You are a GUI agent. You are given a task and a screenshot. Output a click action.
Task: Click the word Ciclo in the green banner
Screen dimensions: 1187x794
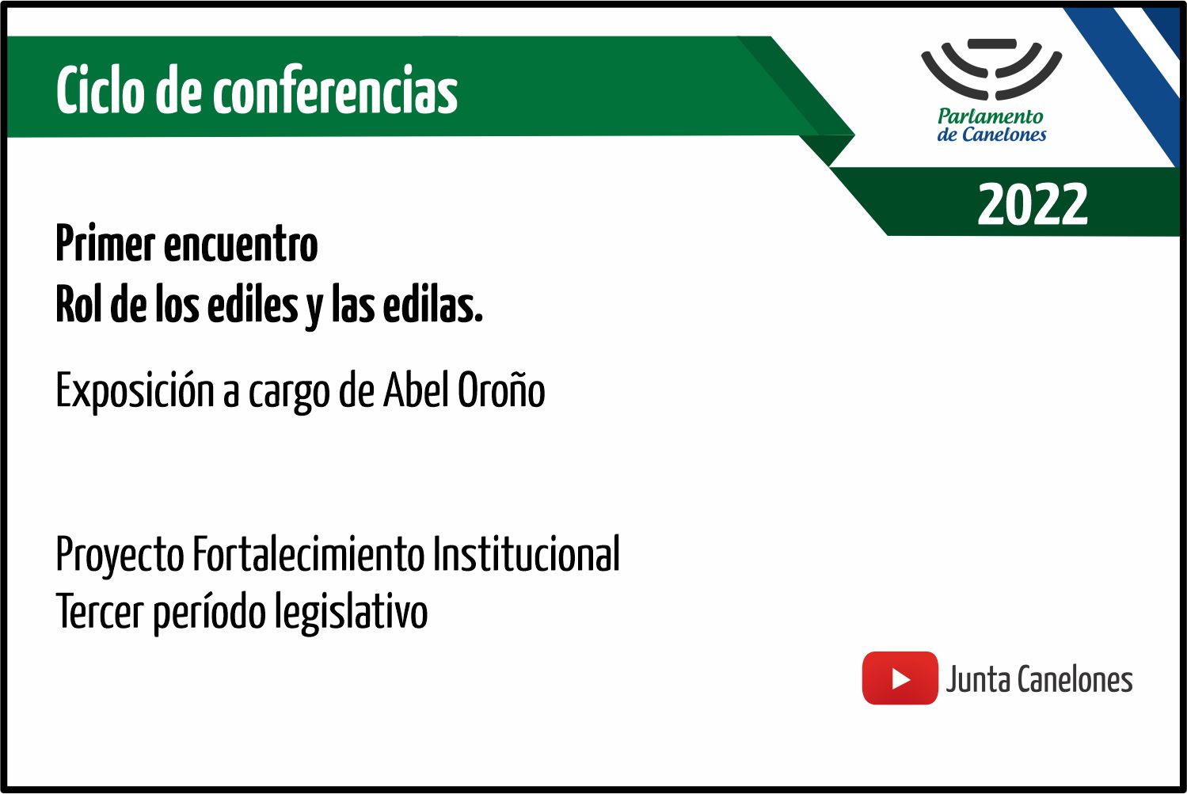point(100,89)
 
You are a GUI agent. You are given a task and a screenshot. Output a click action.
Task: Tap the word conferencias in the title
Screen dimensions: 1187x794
point(336,89)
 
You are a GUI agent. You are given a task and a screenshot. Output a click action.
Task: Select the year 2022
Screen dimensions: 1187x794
point(1033,203)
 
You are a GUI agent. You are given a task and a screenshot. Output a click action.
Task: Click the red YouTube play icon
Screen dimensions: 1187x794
point(900,678)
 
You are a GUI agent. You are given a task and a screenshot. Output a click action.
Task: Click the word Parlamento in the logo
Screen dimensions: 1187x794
point(991,116)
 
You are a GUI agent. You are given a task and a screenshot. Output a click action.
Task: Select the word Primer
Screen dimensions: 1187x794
point(105,243)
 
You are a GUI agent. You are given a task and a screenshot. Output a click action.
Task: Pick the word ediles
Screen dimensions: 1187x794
point(253,303)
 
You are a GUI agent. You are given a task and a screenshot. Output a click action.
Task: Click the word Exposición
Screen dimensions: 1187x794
point(135,391)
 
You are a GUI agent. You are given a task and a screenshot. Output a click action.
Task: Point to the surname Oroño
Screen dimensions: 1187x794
point(500,389)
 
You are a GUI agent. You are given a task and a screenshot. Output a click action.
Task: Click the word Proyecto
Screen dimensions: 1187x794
point(120,555)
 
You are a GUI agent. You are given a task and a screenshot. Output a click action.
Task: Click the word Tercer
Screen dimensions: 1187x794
point(100,611)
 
